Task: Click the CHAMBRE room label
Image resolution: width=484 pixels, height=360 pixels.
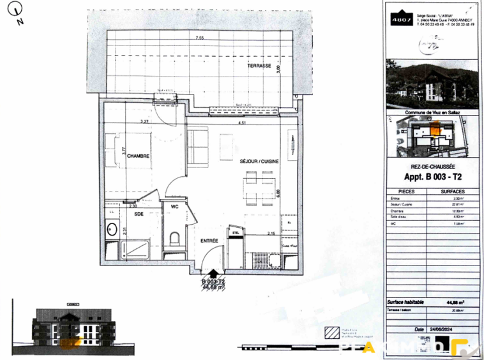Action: point(138,156)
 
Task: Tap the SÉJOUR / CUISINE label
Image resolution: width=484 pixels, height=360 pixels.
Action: point(259,162)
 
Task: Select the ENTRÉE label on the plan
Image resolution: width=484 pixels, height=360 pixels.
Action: point(209,241)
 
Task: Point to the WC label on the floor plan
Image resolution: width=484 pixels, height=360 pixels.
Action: point(174,206)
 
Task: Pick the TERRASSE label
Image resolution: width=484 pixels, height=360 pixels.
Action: point(260,66)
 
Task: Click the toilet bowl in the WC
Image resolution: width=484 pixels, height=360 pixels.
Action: point(174,239)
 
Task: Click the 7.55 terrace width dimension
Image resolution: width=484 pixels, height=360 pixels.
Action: point(200,38)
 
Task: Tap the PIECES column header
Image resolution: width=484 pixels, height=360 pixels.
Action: point(406,191)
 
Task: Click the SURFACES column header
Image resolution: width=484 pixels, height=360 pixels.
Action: point(451,191)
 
